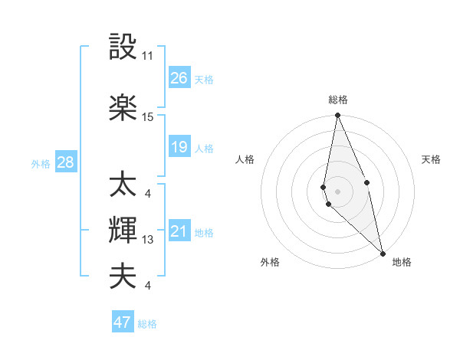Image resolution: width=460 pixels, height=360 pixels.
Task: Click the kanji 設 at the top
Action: tap(123, 48)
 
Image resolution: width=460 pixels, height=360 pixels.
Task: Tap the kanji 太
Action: tap(123, 185)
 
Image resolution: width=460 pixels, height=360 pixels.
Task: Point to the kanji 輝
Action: tap(123, 229)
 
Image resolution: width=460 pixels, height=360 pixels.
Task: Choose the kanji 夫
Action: tap(123, 275)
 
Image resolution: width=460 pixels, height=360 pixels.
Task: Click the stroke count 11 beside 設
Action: tap(148, 56)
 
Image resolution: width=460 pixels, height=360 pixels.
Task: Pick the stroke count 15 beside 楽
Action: tap(148, 116)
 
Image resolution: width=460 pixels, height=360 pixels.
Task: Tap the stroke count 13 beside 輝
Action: tap(148, 240)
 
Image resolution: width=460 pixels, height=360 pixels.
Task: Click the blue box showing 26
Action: tap(179, 78)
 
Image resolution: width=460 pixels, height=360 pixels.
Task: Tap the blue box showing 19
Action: tap(179, 147)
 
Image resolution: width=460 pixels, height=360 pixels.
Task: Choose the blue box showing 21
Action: tap(179, 231)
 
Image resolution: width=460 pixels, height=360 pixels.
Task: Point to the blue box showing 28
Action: tap(65, 162)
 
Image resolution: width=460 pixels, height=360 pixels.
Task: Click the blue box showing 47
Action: tap(123, 322)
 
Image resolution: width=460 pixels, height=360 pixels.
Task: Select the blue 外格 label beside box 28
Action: tap(41, 163)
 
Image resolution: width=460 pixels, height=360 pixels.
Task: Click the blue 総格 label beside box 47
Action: tap(148, 324)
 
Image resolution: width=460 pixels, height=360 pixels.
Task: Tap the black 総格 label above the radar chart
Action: tap(338, 100)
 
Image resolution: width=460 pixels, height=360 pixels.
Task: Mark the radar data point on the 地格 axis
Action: tap(383, 252)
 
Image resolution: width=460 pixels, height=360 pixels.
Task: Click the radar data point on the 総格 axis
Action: tap(337, 116)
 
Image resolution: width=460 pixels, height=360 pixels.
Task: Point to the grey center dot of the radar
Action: tap(337, 189)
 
